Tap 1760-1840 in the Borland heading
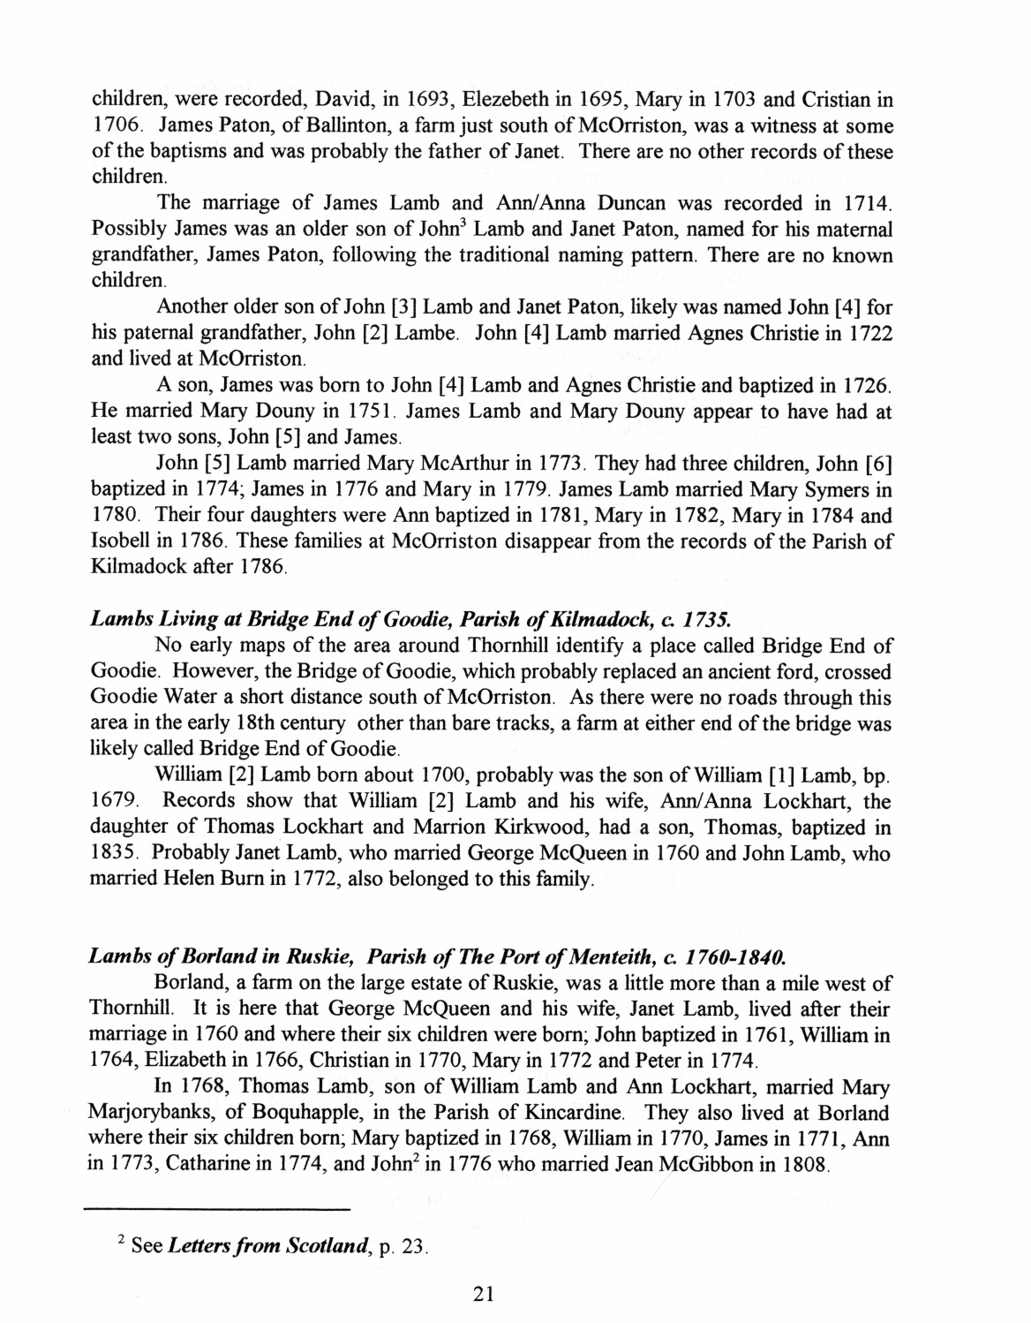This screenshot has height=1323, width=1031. [x=734, y=956]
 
